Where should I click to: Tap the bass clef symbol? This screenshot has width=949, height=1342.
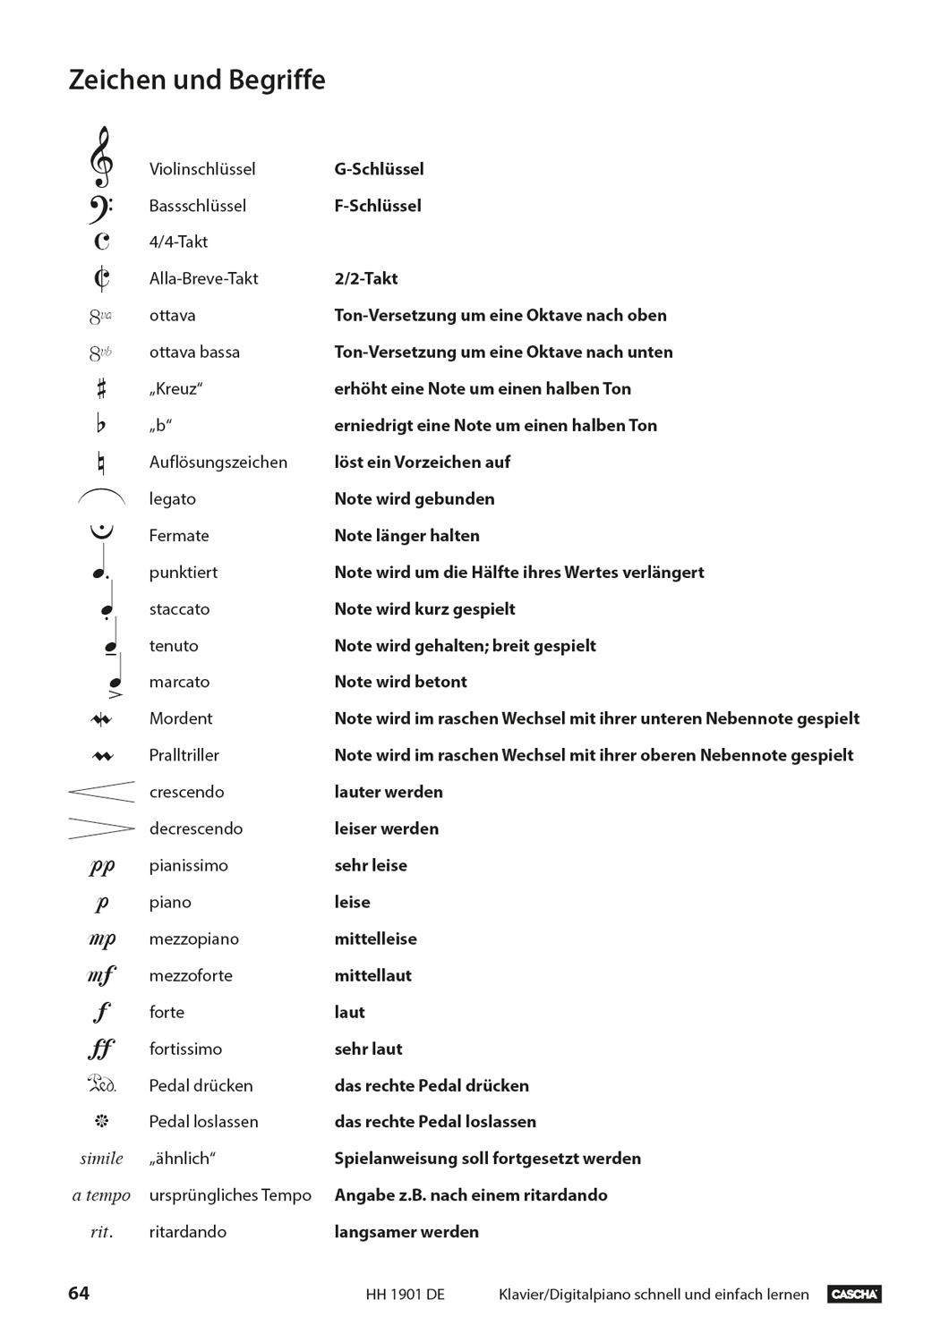100,208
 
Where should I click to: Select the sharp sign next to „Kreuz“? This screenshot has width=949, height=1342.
101,388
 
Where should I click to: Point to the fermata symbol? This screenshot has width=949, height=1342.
102,531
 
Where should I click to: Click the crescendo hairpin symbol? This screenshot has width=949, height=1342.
101,791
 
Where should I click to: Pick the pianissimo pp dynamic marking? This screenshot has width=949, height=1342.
102,866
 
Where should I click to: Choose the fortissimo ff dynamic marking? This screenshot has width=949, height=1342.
102,1049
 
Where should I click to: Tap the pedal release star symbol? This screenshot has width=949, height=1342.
101,1121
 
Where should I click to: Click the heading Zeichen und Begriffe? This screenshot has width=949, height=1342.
197,80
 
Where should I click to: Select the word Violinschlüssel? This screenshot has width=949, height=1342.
202,169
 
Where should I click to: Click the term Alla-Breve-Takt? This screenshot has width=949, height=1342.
203,278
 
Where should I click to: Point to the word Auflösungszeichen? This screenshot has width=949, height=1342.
218,462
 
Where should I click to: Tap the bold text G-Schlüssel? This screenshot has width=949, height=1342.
379,169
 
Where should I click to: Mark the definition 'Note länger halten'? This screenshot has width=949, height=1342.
406,535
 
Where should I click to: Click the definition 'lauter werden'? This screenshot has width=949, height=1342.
389,792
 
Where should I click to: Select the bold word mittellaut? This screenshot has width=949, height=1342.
372,975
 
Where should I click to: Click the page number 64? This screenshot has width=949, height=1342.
79,1293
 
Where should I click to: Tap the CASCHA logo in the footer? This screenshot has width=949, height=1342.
854,1294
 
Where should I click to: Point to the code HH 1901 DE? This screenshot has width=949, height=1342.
405,1295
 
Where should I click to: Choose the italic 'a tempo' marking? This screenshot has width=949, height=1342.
101,1195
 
